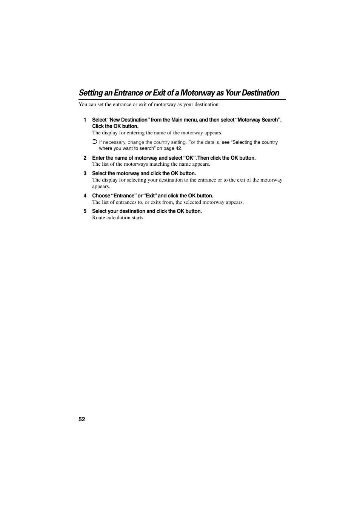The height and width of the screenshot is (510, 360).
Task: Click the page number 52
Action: (82, 419)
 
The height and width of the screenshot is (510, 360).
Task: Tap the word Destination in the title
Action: (260, 93)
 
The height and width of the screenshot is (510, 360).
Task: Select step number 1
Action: (85, 120)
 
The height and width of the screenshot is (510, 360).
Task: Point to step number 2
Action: (85, 158)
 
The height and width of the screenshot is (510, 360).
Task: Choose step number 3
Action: (85, 174)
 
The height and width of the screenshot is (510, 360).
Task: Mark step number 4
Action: (85, 196)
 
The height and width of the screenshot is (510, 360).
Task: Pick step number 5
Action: (85, 211)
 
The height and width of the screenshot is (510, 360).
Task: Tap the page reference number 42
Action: (178, 148)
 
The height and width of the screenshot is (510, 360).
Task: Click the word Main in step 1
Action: (177, 120)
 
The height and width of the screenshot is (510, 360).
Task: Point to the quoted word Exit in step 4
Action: (150, 196)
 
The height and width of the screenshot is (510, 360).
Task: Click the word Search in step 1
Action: (270, 120)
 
